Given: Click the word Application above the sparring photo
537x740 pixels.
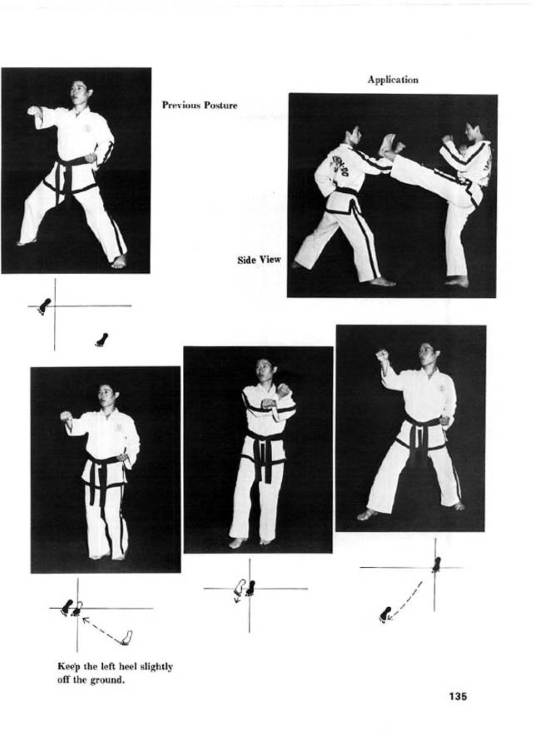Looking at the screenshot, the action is click(393, 80).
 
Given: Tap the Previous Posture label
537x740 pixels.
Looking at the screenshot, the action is click(199, 105).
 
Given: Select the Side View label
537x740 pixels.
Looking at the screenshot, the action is click(259, 260).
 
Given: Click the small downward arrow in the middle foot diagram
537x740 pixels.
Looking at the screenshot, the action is click(237, 599).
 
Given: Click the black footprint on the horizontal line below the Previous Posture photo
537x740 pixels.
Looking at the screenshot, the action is click(44, 306).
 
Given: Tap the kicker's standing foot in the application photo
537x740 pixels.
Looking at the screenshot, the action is click(456, 282).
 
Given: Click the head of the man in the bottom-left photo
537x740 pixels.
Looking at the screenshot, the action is click(108, 396).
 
